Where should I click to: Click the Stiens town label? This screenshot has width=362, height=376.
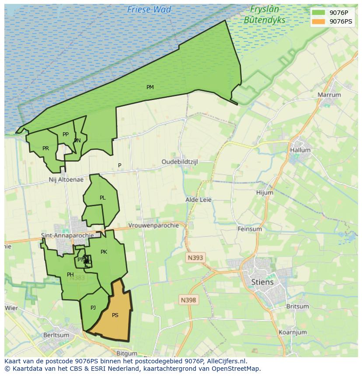pyautogui.click(x=262, y=282)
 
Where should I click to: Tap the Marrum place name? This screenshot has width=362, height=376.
pyautogui.click(x=329, y=95)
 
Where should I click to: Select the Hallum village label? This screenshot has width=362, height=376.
pyautogui.click(x=300, y=150)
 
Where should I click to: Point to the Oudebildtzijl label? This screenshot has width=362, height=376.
pyautogui.click(x=180, y=162)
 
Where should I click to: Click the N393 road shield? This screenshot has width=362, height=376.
pyautogui.click(x=195, y=258)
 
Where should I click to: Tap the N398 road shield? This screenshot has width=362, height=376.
pyautogui.click(x=188, y=300)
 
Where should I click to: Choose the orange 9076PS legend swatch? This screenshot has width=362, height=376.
pyautogui.click(x=319, y=21)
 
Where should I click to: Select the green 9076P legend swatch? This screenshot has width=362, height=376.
pyautogui.click(x=319, y=13)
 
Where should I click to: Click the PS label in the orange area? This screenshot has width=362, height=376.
pyautogui.click(x=115, y=315)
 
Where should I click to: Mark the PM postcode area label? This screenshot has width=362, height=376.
pyautogui.click(x=150, y=87)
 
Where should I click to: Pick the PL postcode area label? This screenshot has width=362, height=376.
pyautogui.click(x=102, y=198)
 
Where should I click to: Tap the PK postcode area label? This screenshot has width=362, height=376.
pyautogui.click(x=104, y=252)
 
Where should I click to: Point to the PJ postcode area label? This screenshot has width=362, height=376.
pyautogui.click(x=93, y=308)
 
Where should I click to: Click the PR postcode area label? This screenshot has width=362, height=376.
pyautogui.click(x=45, y=148)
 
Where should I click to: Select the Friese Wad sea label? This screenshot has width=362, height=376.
pyautogui.click(x=149, y=9)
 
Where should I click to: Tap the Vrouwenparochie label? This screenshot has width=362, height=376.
pyautogui.click(x=153, y=225)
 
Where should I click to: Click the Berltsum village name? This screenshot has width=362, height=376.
pyautogui.click(x=56, y=335)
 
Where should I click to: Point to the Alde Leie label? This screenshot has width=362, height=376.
pyautogui.click(x=198, y=200)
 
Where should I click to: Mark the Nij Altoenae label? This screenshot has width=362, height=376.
pyautogui.click(x=66, y=179)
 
